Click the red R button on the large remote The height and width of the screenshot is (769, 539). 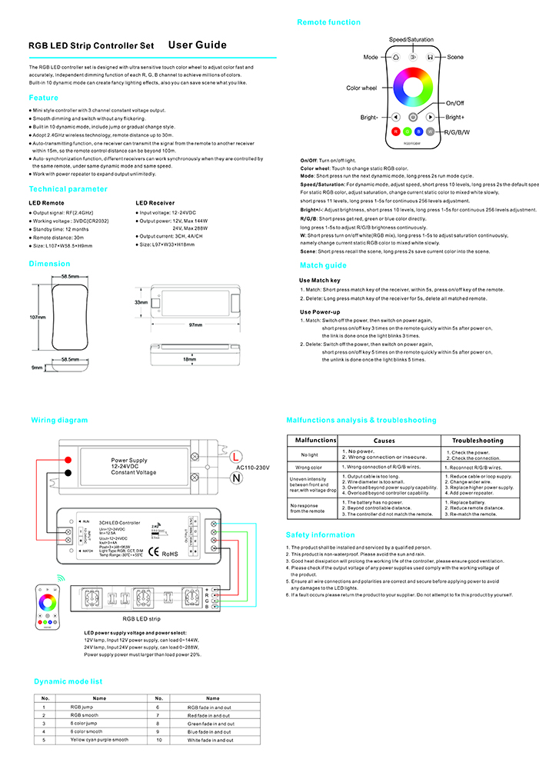(396, 131)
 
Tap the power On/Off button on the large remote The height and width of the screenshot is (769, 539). (413, 117)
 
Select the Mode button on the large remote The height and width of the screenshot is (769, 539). (394, 57)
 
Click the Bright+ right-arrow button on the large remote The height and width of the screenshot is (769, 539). (431, 117)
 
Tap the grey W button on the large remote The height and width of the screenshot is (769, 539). (430, 131)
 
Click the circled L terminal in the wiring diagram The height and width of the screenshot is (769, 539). (236, 457)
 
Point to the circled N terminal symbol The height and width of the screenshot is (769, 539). (236, 478)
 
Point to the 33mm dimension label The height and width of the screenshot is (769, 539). (141, 302)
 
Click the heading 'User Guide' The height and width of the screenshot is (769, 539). (197, 45)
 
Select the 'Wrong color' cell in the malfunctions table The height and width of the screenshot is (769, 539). (308, 467)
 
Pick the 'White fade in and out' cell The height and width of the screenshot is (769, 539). (211, 740)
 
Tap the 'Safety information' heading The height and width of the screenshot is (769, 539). (321, 534)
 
